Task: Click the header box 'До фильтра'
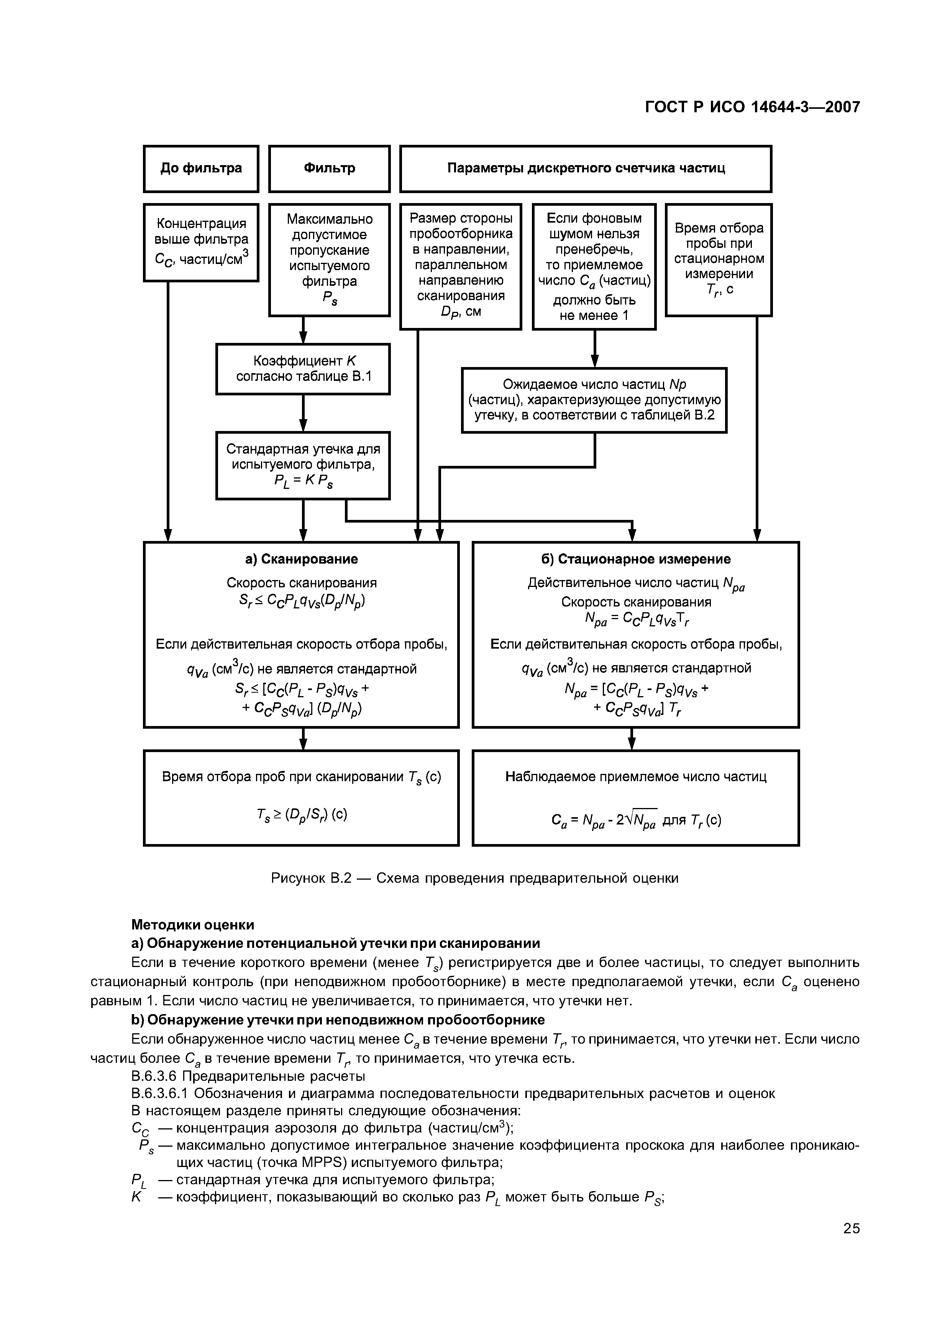click(201, 169)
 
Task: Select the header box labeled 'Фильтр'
click(329, 169)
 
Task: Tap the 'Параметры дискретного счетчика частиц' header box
click(585, 169)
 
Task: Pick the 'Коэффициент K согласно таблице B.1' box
click(303, 369)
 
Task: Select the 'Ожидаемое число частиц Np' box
click(594, 400)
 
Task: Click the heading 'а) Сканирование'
click(302, 559)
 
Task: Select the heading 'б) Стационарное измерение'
click(636, 559)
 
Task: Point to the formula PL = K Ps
click(303, 482)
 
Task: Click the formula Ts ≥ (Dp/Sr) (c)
click(302, 815)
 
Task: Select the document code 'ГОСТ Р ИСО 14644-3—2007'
click(752, 107)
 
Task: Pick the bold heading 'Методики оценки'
click(193, 925)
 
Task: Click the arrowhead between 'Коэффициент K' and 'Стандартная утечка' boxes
click(303, 426)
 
